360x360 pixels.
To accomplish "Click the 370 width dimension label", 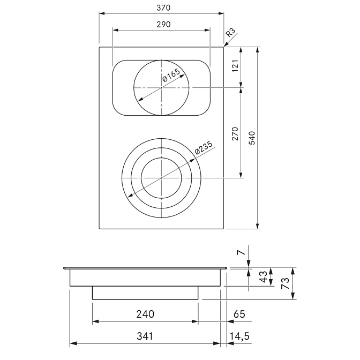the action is pyautogui.click(x=163, y=8).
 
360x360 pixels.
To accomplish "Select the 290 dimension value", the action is pyautogui.click(x=163, y=24).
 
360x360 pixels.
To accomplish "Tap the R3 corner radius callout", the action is pyautogui.click(x=231, y=33).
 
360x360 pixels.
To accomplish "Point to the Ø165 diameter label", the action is pyautogui.click(x=171, y=75).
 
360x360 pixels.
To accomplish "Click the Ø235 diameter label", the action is pyautogui.click(x=204, y=147).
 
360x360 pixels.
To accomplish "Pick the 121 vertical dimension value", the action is pyautogui.click(x=236, y=66).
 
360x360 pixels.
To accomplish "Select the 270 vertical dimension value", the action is pyautogui.click(x=236, y=133).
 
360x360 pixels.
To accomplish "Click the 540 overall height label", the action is pyautogui.click(x=252, y=138).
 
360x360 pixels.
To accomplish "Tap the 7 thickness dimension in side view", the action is pyautogui.click(x=241, y=252).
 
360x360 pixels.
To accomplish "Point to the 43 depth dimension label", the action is pyautogui.click(x=263, y=276).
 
